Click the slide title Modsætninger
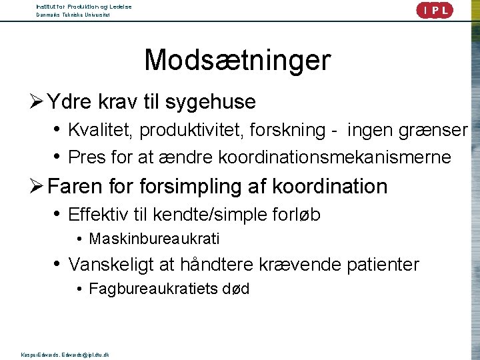click(237, 60)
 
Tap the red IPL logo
click(434, 10)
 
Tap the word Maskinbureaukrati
click(154, 239)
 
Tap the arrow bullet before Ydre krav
click(37, 103)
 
